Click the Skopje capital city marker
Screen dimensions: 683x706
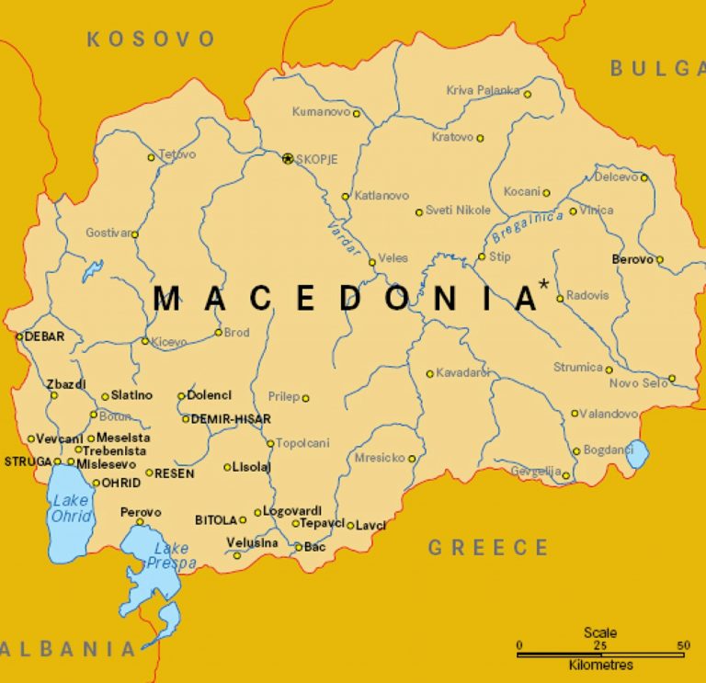pyautogui.click(x=288, y=158)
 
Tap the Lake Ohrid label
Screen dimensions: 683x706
pyautogui.click(x=70, y=507)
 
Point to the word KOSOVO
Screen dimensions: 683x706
pyautogui.click(x=151, y=39)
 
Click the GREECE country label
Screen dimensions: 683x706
pyautogui.click(x=488, y=548)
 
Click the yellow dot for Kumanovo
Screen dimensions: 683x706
pyautogui.click(x=357, y=114)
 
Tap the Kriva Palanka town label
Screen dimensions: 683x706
pyautogui.click(x=483, y=90)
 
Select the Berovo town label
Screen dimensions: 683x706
pyautogui.click(x=632, y=259)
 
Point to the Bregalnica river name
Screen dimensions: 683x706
pyautogui.click(x=527, y=226)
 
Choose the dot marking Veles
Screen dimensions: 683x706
pyautogui.click(x=372, y=262)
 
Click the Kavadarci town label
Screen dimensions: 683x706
pyautogui.click(x=463, y=373)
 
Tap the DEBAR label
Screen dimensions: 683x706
pyautogui.click(x=44, y=336)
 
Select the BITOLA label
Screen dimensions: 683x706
pyautogui.click(x=216, y=519)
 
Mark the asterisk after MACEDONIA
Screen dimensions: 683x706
pyautogui.click(x=544, y=285)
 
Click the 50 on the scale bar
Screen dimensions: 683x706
pyautogui.click(x=682, y=645)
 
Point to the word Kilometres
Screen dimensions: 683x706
pyautogui.click(x=601, y=665)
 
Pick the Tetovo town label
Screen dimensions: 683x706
pyautogui.click(x=177, y=154)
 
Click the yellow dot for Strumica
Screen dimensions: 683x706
pyautogui.click(x=609, y=370)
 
